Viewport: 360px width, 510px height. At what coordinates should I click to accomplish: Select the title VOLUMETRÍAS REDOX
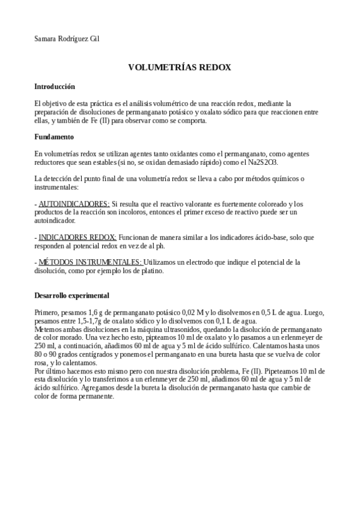pyautogui.click(x=180, y=68)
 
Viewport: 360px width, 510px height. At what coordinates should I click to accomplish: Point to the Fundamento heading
pyautogui.click(x=54, y=137)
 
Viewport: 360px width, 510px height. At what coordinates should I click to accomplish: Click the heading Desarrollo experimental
pyautogui.click(x=72, y=296)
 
